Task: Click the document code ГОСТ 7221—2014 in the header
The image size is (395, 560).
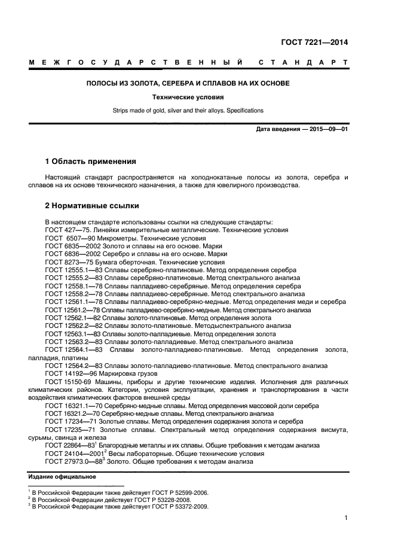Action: [x=314, y=42]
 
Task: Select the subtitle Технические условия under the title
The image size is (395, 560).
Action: [x=188, y=97]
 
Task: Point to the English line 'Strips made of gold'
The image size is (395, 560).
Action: [x=188, y=110]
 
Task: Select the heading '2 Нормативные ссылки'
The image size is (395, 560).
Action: [x=92, y=206]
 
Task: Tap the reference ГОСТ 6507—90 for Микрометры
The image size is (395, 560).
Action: [x=68, y=238]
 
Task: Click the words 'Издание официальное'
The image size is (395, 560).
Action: [x=63, y=476]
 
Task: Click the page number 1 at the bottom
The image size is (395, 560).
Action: [x=346, y=519]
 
